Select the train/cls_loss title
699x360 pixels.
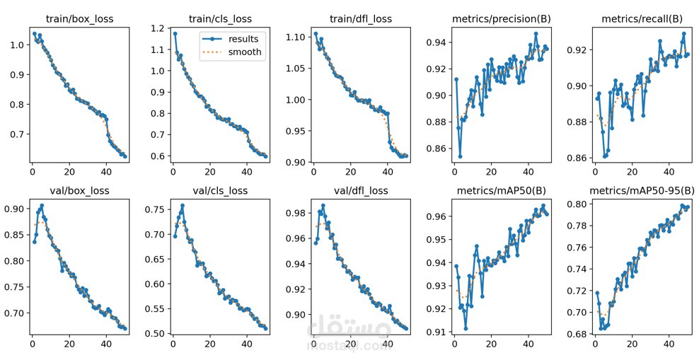coord(220,18)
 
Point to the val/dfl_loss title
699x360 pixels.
coord(361,190)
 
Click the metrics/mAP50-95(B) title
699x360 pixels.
coord(642,190)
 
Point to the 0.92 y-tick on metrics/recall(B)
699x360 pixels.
coord(577,50)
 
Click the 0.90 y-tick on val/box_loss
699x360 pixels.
coord(13,209)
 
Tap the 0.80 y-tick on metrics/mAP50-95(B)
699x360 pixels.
coord(577,204)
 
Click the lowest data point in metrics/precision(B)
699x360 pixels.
coord(460,156)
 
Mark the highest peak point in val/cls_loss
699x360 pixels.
coord(183,206)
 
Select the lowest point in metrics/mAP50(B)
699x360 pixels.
coord(466,328)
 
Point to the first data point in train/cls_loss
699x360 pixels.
coord(175,33)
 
